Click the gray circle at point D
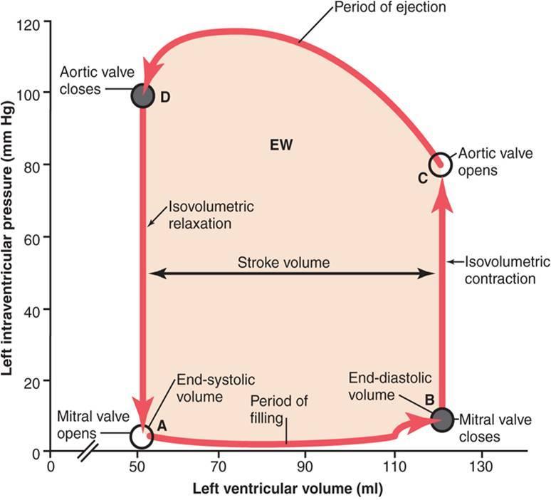coord(143,96)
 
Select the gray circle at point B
coord(442,418)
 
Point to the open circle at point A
coord(142,434)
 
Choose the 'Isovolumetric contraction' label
coord(499,271)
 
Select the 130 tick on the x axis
coord(482,467)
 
